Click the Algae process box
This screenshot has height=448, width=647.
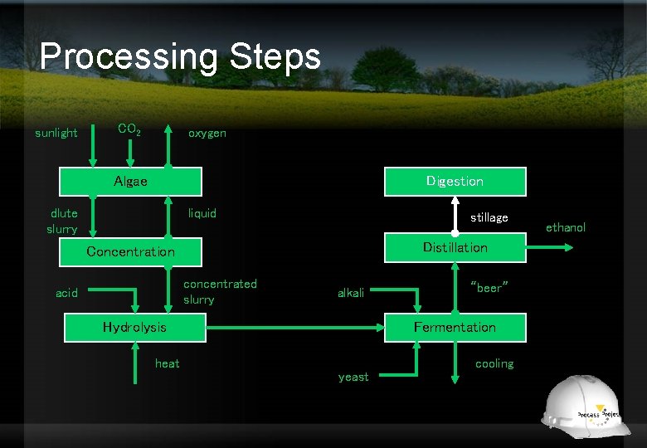pyautogui.click(x=131, y=182)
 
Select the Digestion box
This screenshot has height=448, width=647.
pyautogui.click(x=455, y=181)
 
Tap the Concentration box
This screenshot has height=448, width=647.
pyautogui.click(x=131, y=251)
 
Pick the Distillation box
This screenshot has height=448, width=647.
pyautogui.click(x=455, y=247)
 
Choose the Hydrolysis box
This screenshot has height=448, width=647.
pyautogui.click(x=134, y=327)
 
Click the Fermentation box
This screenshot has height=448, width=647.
pyautogui.click(x=455, y=327)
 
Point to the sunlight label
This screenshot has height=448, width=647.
pyautogui.click(x=56, y=133)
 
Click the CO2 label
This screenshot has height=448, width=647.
pyautogui.click(x=129, y=129)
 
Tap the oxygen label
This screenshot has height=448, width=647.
pyautogui.click(x=207, y=133)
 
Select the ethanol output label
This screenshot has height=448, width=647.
pyautogui.click(x=566, y=227)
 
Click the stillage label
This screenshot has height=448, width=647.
pyautogui.click(x=489, y=217)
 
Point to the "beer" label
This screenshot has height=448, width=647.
pyautogui.click(x=489, y=287)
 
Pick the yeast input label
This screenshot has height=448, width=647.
pyautogui.click(x=353, y=377)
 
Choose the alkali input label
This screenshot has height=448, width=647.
pyautogui.click(x=351, y=293)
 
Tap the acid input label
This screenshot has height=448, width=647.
pyautogui.click(x=66, y=293)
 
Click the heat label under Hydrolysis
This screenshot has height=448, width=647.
pyautogui.click(x=167, y=363)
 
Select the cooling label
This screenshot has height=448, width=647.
pyautogui.click(x=494, y=363)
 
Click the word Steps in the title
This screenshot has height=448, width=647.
pyautogui.click(x=270, y=56)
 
